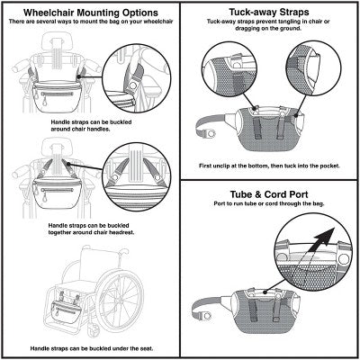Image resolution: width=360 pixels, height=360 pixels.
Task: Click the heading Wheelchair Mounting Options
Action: tap(91, 13)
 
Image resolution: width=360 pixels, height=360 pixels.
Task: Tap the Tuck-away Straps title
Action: tap(269, 12)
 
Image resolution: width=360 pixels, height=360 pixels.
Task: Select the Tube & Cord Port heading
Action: tap(269, 194)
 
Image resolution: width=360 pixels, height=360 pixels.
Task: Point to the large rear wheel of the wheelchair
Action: tap(121, 301)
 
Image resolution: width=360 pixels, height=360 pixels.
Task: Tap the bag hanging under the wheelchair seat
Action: tap(66, 311)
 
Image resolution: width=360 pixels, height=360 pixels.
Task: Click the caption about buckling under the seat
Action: tap(92, 348)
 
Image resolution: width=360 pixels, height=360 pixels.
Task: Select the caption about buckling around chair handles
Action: tap(91, 125)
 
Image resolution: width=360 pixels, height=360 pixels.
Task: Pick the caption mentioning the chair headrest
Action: tap(91, 229)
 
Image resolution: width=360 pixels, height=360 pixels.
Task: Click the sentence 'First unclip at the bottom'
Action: tap(269, 166)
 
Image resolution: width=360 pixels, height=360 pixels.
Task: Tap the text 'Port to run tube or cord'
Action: tap(269, 203)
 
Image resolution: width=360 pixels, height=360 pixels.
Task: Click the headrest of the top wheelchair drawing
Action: tap(58, 41)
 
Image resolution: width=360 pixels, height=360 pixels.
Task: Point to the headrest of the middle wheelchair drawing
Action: tap(58, 147)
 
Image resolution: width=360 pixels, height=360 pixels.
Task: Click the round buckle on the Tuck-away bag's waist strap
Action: tap(212, 133)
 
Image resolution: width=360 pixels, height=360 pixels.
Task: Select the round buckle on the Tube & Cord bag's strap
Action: tap(207, 315)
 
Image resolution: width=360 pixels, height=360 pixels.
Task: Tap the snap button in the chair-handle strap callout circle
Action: tap(132, 85)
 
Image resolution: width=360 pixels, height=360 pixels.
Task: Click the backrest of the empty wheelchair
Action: tap(96, 265)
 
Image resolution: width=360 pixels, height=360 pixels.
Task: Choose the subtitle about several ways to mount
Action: tap(91, 22)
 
